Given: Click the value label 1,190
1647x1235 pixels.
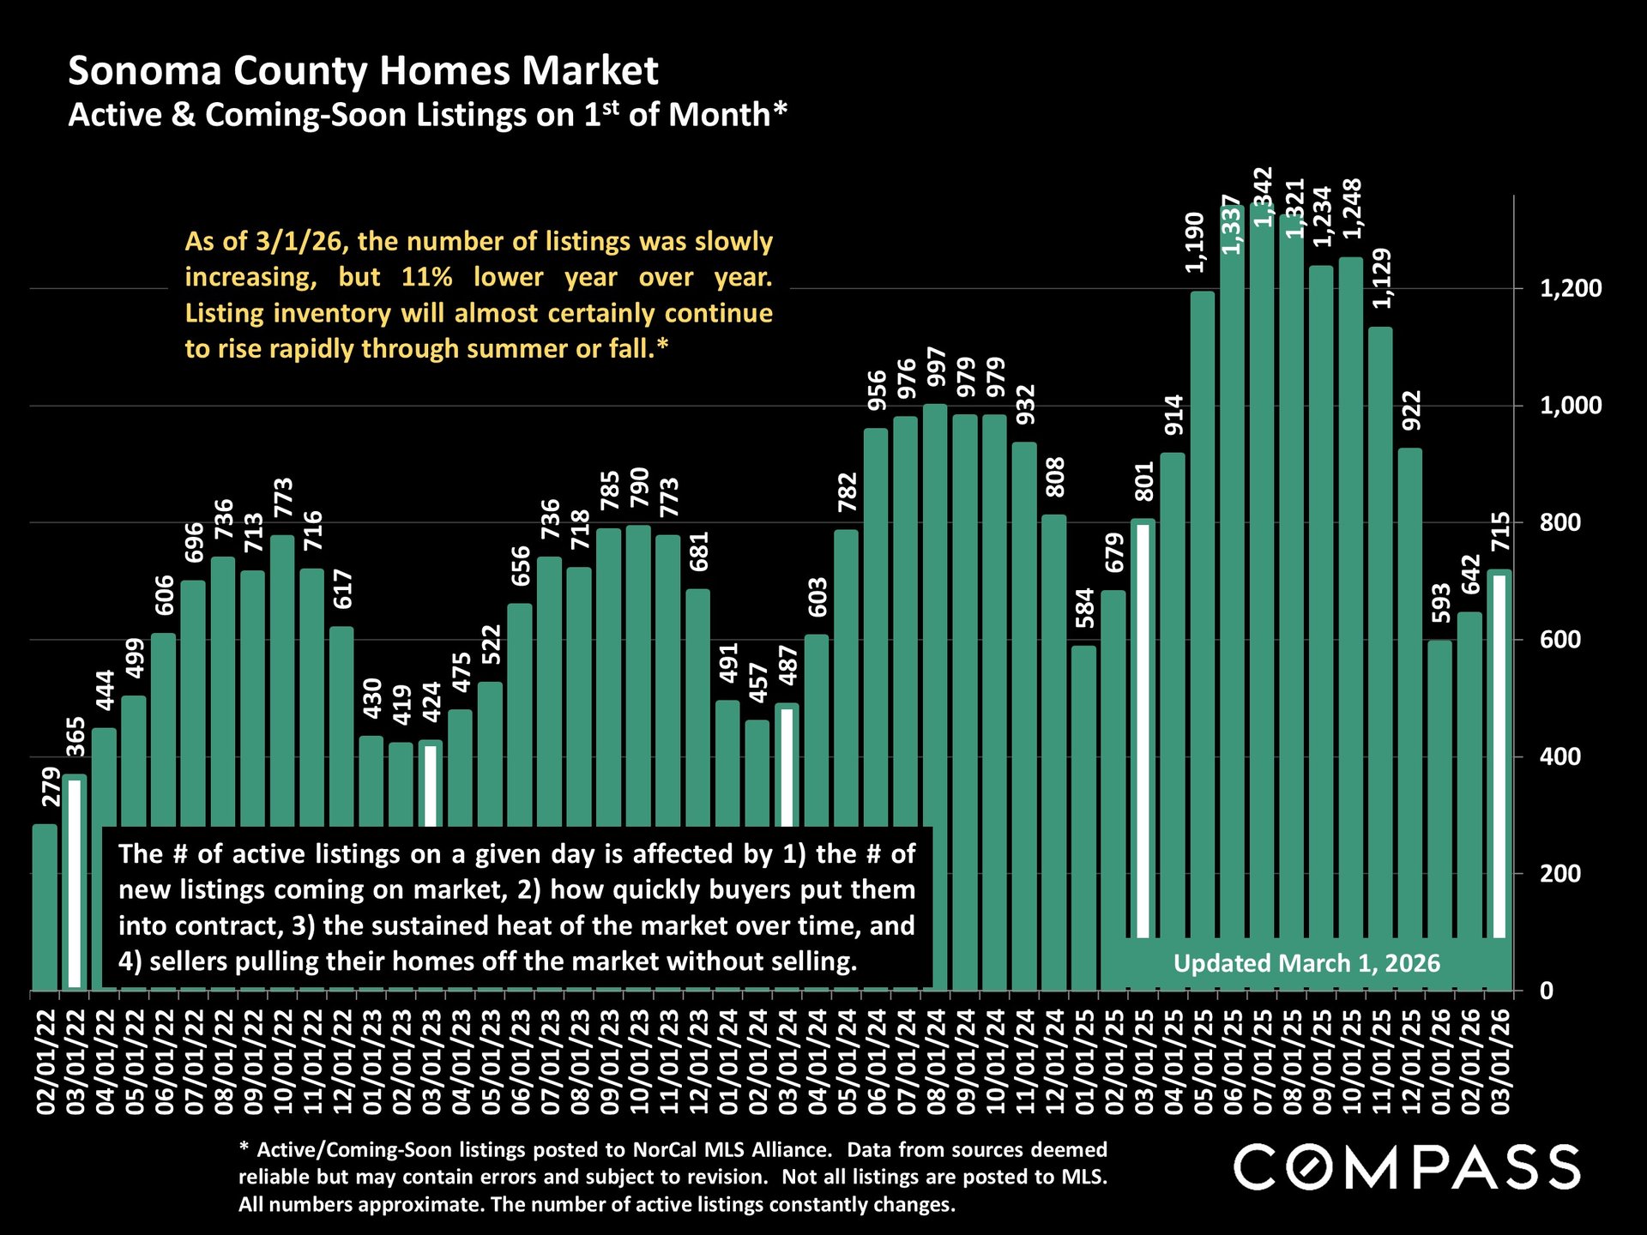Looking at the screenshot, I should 1195,243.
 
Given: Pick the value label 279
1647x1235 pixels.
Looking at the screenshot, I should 51,786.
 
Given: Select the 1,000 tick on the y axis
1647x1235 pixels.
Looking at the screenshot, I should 1570,406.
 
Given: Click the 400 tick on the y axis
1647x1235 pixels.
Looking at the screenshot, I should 1560,756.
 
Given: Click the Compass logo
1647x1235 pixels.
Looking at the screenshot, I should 1406,1167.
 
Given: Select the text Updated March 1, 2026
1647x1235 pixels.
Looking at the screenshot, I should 1306,963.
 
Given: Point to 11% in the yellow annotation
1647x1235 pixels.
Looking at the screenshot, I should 426,277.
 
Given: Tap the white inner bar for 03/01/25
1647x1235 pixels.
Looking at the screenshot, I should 1143,729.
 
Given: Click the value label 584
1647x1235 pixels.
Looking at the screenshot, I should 1085,608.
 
